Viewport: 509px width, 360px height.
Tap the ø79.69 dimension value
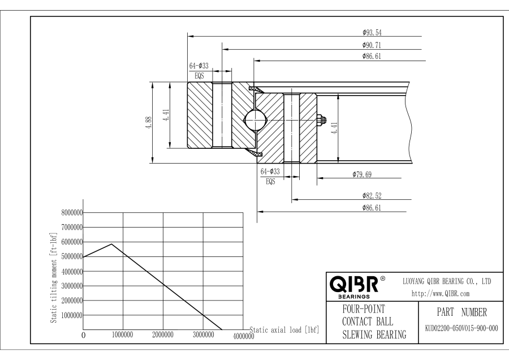pos(360,174)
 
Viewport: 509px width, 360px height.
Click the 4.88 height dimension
pos(149,122)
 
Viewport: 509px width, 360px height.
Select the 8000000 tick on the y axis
pos(71,213)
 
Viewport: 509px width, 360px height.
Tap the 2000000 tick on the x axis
pos(163,335)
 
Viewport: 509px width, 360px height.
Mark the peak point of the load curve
pos(111,244)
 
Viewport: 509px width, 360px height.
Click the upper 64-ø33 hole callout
pos(199,66)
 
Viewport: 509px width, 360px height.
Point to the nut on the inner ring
pos(321,119)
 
